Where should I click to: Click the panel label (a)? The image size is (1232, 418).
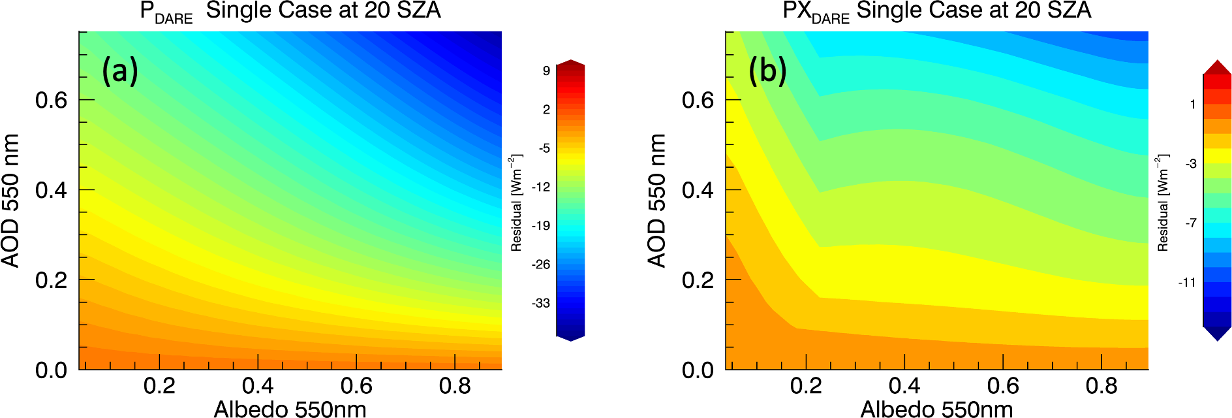point(120,70)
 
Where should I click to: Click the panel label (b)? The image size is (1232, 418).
point(767,70)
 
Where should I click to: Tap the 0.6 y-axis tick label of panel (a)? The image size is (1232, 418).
point(52,101)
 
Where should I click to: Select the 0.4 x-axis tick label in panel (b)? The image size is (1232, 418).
point(904,386)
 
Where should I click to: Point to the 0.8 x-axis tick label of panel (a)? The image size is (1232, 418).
point(455,386)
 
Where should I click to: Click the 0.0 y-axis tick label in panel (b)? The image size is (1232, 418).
point(698,370)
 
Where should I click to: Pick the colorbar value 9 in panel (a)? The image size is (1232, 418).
point(546,71)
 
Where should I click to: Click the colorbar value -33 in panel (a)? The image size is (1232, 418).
point(540,303)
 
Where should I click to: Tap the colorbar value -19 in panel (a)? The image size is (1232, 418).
point(540,226)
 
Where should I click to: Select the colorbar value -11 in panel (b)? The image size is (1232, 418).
point(1187,283)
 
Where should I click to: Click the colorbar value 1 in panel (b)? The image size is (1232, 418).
point(1193,104)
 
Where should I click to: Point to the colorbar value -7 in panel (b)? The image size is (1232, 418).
point(1191,223)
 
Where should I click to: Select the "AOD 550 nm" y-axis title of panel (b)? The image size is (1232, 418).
point(657,201)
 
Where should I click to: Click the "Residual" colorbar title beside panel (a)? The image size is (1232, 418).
point(516,203)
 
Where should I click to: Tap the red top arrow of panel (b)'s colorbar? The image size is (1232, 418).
point(1217,67)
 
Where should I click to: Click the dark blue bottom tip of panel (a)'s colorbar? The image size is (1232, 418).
point(570,338)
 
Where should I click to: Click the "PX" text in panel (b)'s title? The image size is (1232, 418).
point(797,10)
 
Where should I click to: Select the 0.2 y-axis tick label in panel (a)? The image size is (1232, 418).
point(52,280)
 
